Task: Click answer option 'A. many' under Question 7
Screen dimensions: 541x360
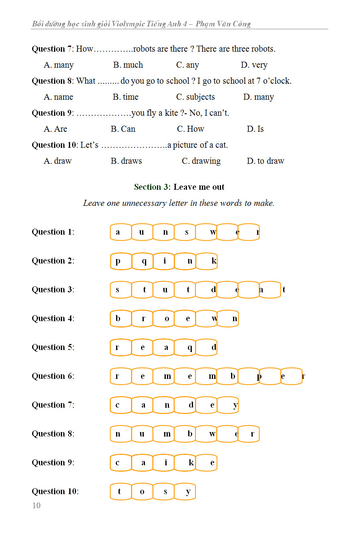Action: coord(58,65)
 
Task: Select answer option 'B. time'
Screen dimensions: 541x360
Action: coord(125,97)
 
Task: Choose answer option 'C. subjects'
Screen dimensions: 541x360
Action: coord(195,97)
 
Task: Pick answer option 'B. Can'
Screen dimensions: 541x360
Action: coord(123,129)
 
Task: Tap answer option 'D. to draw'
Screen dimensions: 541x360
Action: coord(265,161)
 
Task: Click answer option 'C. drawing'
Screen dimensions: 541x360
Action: coord(201,161)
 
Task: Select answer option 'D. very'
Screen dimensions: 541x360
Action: coord(254,65)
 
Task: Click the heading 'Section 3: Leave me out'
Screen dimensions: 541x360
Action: coord(179,187)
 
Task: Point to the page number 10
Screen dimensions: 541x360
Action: coord(36,505)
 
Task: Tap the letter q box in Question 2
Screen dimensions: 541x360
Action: coord(143,261)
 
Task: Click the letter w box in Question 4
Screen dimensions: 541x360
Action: coord(207,319)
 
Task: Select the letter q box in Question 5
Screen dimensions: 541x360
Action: coord(185,348)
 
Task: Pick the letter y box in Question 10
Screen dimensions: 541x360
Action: coord(185,492)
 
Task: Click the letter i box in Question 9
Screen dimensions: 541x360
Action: coord(164,463)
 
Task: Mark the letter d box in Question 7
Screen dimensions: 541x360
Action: coord(185,405)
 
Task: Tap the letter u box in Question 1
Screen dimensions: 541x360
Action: coord(142,232)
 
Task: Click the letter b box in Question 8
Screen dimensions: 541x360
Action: coord(185,434)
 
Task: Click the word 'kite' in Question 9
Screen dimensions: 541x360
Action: coord(171,113)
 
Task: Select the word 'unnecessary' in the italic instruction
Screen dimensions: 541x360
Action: coord(144,203)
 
